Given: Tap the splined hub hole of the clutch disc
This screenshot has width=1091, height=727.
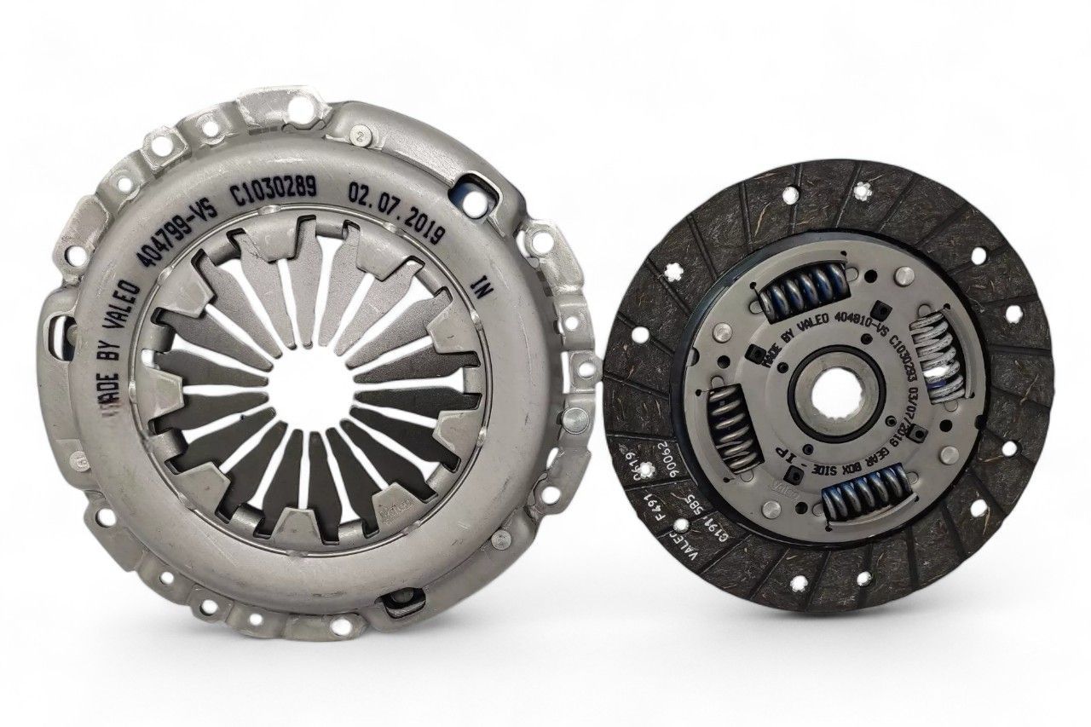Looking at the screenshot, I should (x=832, y=397).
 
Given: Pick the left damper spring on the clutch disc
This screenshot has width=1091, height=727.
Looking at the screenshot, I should (x=731, y=424).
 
